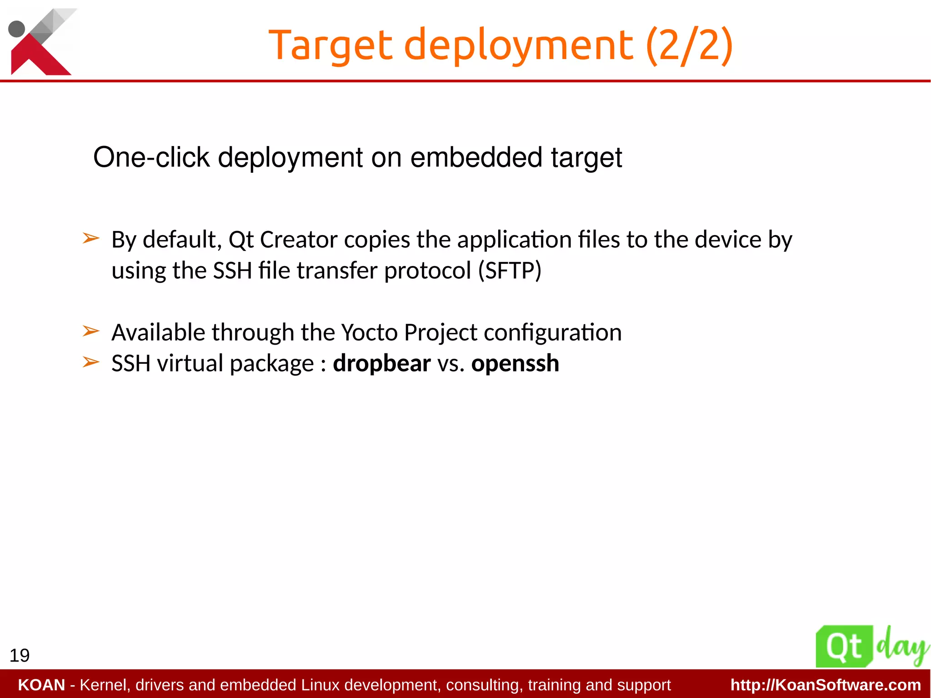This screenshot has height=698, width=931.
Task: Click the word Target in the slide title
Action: pyautogui.click(x=330, y=45)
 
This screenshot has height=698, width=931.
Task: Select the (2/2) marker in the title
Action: pyautogui.click(x=689, y=45)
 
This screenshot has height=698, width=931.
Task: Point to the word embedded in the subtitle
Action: pyautogui.click(x=476, y=158)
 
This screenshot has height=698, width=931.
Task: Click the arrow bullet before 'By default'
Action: pyautogui.click(x=91, y=238)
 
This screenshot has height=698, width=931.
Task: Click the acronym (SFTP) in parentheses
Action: pyautogui.click(x=510, y=271)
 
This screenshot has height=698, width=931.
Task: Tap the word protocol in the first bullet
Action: pyautogui.click(x=428, y=271)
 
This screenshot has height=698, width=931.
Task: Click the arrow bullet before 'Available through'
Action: pyautogui.click(x=91, y=331)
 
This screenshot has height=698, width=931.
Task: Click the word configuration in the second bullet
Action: pyautogui.click(x=552, y=332)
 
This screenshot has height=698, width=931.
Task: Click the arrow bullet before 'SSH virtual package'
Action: pyautogui.click(x=91, y=362)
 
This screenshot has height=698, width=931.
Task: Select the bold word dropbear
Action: pyautogui.click(x=382, y=363)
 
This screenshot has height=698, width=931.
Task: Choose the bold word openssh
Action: pyautogui.click(x=515, y=363)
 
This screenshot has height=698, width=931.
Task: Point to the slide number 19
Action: pyautogui.click(x=20, y=655)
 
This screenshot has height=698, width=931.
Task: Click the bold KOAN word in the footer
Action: pyautogui.click(x=41, y=685)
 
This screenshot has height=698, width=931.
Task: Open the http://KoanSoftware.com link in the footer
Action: pyautogui.click(x=826, y=685)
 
